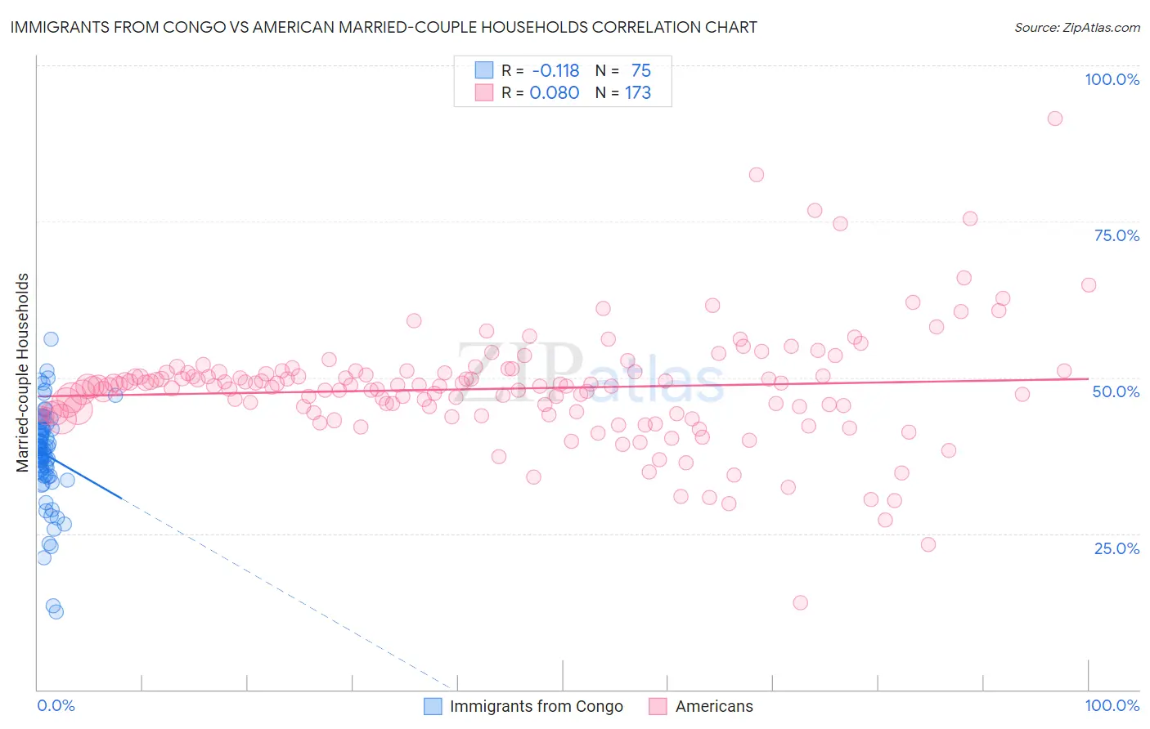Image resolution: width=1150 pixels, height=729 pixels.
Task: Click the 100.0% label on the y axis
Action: pyautogui.click(x=1112, y=79)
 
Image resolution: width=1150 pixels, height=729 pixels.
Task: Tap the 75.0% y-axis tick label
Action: pyautogui.click(x=1116, y=235)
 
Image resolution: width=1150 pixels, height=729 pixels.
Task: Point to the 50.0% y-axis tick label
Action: pyautogui.click(x=1116, y=391)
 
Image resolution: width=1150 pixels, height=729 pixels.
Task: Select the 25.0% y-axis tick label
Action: pyautogui.click(x=1116, y=548)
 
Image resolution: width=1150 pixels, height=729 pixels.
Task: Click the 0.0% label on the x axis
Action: pyautogui.click(x=56, y=705)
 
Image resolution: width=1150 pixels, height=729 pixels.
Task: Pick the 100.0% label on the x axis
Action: pyautogui.click(x=1112, y=705)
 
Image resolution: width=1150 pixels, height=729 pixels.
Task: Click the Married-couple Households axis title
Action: pyautogui.click(x=23, y=373)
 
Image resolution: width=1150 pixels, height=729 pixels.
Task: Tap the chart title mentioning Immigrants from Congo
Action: pyautogui.click(x=384, y=27)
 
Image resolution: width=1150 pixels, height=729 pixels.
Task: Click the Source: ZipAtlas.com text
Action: pyautogui.click(x=1076, y=27)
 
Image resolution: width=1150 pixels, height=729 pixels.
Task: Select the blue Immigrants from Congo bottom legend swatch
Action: pyautogui.click(x=433, y=706)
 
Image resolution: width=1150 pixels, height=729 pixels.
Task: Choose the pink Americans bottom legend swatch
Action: pyautogui.click(x=658, y=706)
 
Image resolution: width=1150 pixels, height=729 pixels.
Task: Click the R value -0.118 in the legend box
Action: pyautogui.click(x=555, y=70)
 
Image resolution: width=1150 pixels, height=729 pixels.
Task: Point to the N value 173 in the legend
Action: pyautogui.click(x=638, y=93)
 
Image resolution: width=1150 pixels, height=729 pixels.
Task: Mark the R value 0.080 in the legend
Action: pyautogui.click(x=555, y=93)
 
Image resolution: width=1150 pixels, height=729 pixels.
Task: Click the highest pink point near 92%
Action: pyautogui.click(x=1055, y=119)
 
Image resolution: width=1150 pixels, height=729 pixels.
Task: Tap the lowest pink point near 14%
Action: pyautogui.click(x=800, y=602)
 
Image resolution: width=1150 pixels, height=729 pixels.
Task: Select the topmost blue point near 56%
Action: pyautogui.click(x=51, y=339)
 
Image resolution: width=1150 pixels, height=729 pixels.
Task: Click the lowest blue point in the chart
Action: pyautogui.click(x=56, y=611)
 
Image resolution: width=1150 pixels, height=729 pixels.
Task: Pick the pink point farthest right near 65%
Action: pyautogui.click(x=1089, y=285)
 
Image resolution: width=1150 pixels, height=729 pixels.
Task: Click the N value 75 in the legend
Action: pyautogui.click(x=641, y=70)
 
